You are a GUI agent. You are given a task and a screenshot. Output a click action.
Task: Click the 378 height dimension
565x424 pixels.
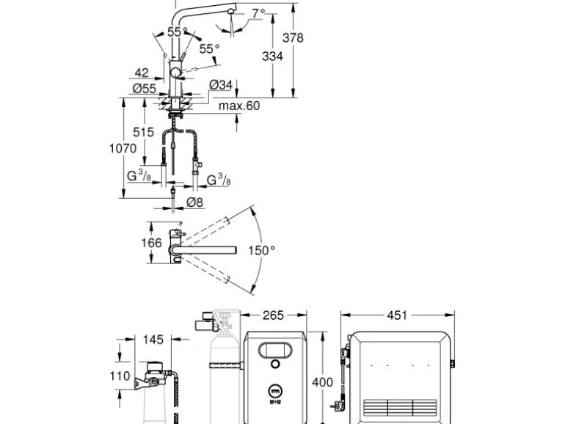click(294, 38)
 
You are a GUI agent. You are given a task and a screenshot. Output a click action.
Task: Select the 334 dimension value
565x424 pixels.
click(271, 56)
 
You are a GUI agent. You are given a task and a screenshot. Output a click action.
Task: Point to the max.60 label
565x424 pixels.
click(239, 106)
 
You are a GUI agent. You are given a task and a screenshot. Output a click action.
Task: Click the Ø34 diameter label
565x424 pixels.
click(221, 86)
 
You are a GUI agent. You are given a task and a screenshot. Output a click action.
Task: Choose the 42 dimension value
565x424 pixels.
click(142, 73)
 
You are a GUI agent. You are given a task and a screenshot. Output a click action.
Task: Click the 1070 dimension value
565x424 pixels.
click(123, 148)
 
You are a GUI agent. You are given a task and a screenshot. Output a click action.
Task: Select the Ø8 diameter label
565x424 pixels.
click(194, 202)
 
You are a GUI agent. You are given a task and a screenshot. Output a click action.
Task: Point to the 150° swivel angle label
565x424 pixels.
click(261, 250)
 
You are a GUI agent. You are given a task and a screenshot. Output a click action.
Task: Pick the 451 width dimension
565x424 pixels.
click(395, 315)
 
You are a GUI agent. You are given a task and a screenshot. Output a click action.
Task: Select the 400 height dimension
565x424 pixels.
click(323, 382)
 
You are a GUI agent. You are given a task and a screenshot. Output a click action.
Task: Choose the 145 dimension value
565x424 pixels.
click(153, 340)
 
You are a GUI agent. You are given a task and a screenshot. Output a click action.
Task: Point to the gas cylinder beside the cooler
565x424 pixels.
click(221, 381)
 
